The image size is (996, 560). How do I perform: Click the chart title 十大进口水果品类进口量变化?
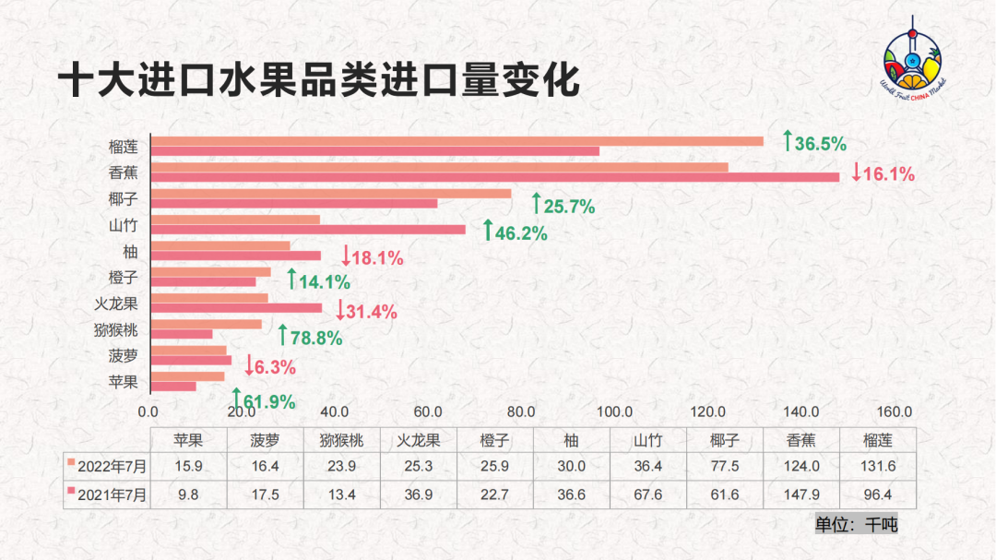tap(318, 81)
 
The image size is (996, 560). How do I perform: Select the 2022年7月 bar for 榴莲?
tap(456, 141)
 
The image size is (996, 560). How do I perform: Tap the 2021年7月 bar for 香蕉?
tap(494, 177)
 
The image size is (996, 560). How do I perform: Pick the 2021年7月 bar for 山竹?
tap(308, 230)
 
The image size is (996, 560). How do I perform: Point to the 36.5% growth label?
tap(814, 143)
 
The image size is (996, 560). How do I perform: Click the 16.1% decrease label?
tap(883, 173)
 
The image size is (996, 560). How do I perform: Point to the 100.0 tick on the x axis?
tap(614, 412)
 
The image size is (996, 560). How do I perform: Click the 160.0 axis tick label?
tap(894, 412)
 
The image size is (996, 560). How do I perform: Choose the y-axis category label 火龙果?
tap(116, 303)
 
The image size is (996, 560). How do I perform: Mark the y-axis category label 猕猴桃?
tap(116, 328)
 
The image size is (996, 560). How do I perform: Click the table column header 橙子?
tap(496, 441)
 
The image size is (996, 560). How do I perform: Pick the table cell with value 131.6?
tap(876, 467)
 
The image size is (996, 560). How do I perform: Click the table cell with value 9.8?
tap(188, 494)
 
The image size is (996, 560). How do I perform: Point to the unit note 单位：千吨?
tap(856, 524)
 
